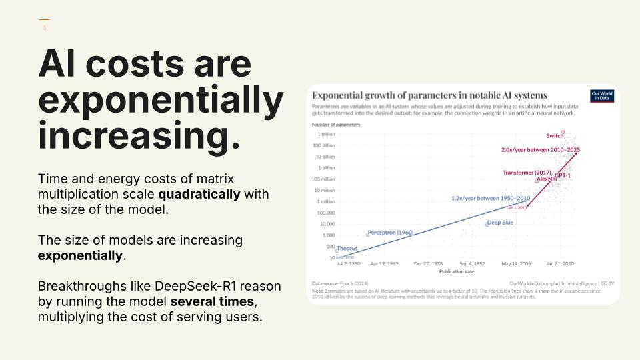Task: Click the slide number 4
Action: (44, 29)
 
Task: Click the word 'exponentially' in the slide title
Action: (161, 101)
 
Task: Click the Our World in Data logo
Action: (602, 96)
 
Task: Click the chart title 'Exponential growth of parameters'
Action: (429, 95)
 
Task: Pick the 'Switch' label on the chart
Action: (555, 136)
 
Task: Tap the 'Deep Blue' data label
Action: (500, 223)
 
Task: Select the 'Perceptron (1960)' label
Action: (391, 233)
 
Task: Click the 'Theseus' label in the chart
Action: (347, 249)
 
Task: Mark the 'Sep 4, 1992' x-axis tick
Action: (473, 264)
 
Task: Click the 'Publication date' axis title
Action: (457, 271)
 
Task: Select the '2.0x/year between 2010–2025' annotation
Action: (540, 150)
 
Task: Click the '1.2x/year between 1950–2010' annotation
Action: (490, 198)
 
